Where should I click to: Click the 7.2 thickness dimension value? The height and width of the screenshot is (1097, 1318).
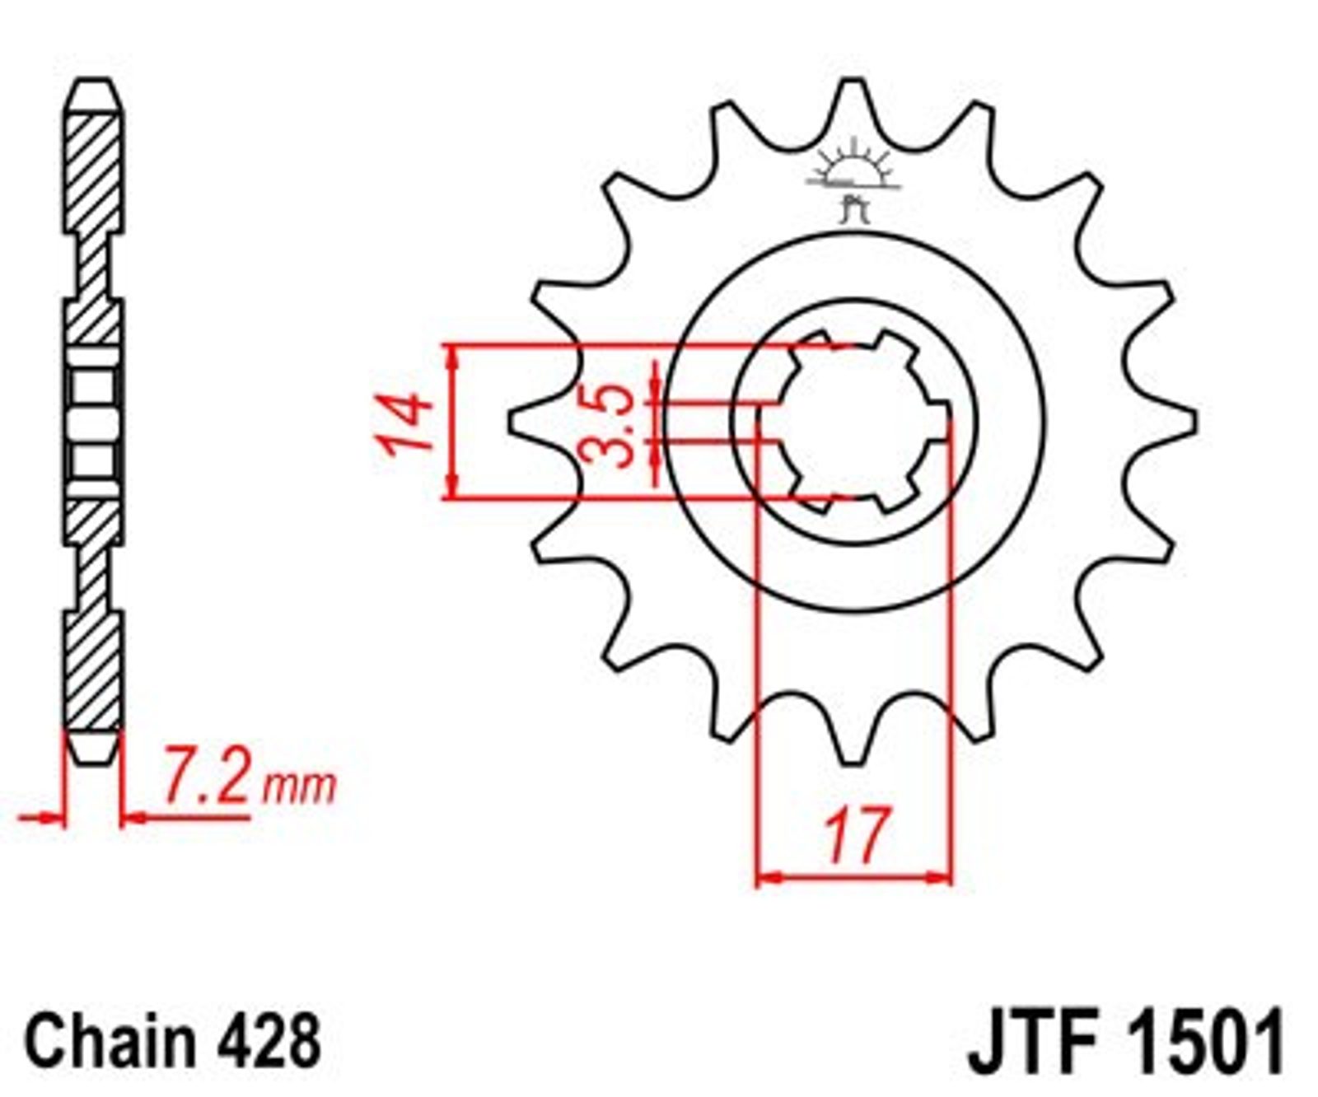click(204, 775)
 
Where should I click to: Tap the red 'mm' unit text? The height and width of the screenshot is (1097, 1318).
click(299, 787)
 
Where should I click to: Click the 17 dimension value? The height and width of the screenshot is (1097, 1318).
click(857, 835)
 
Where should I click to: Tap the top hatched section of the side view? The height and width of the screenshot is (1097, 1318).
click(92, 173)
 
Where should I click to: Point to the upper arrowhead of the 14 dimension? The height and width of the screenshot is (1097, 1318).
click(451, 356)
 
